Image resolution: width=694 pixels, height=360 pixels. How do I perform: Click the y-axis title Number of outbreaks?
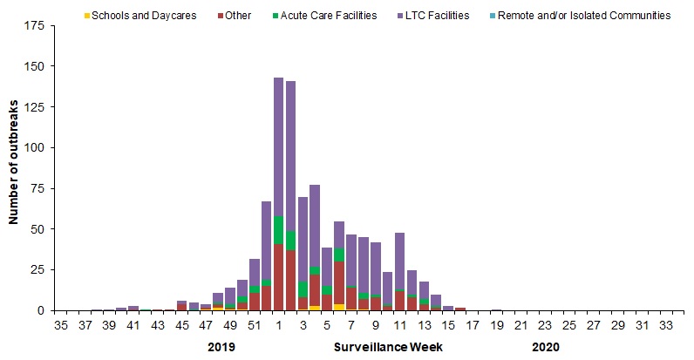(15, 167)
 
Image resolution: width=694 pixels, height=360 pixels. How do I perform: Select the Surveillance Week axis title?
(388, 347)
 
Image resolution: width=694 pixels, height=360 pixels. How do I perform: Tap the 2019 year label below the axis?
(222, 347)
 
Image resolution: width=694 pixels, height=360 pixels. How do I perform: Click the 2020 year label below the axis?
(546, 347)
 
